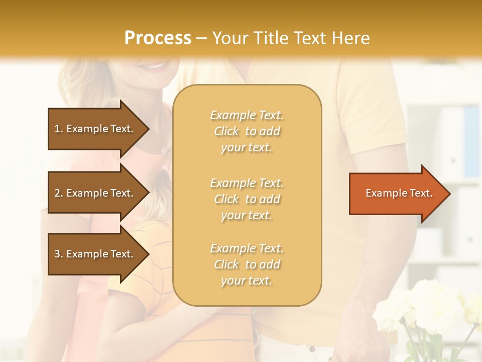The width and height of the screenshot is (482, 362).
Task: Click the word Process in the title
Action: pos(158,38)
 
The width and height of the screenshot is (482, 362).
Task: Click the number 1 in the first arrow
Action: pos(57,129)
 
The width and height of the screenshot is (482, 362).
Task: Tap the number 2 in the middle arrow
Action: pos(57,193)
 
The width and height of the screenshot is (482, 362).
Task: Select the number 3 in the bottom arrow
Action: pos(57,254)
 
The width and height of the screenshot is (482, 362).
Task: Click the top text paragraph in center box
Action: pos(247,131)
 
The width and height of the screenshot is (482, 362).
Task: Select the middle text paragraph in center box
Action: pos(247,199)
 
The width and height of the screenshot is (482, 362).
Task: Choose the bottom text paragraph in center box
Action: pos(247,264)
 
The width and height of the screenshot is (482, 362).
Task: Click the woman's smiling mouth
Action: pos(153,66)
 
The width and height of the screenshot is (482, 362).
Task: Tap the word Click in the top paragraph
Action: pos(226,131)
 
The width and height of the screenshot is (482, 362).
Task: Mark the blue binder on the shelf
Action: pos(471,141)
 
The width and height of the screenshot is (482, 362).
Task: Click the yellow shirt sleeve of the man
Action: pos(372,116)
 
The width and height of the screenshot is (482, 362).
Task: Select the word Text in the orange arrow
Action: pos(422,194)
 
